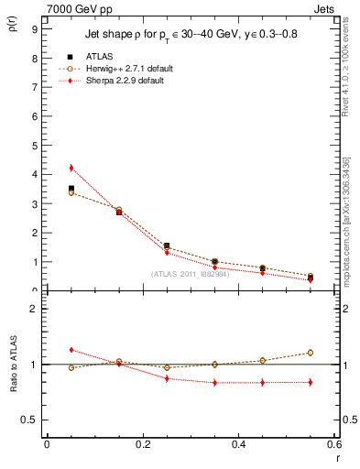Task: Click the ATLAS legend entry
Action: click(x=99, y=57)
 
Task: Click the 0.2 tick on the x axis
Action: click(x=143, y=444)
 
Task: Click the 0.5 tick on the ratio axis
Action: click(x=31, y=420)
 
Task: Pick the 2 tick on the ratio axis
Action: click(x=33, y=309)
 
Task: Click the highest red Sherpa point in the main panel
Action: click(x=71, y=168)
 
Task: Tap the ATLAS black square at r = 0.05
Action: click(x=71, y=189)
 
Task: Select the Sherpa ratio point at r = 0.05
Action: click(x=71, y=350)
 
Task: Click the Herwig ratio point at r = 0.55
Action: click(x=311, y=353)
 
